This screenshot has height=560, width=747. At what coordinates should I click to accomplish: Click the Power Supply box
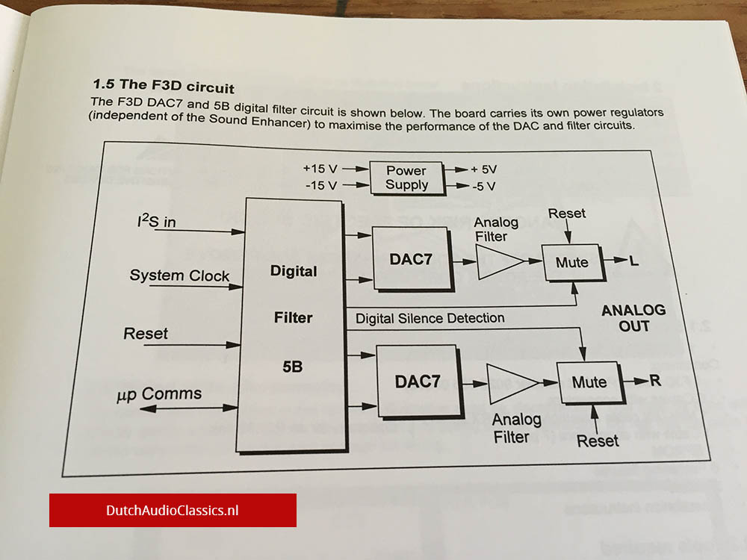406,177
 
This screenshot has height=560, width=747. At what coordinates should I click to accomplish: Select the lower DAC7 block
417,382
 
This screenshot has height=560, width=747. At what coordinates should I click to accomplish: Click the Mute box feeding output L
572,262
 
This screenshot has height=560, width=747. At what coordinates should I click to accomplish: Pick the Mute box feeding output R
589,382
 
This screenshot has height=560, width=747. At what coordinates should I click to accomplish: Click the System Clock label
179,276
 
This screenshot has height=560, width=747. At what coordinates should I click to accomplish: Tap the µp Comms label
159,394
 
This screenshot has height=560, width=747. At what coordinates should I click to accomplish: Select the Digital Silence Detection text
430,318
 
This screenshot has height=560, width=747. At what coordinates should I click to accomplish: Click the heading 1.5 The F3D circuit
164,84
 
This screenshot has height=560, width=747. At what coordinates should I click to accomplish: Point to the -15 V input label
321,184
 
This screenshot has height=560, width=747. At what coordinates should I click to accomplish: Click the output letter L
634,262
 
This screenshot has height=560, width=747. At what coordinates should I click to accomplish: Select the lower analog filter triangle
510,382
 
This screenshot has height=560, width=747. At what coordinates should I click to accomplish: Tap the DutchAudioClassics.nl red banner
173,510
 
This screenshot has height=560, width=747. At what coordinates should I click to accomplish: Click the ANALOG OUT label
633,318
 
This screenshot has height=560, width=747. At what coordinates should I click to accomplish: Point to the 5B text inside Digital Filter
292,367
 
